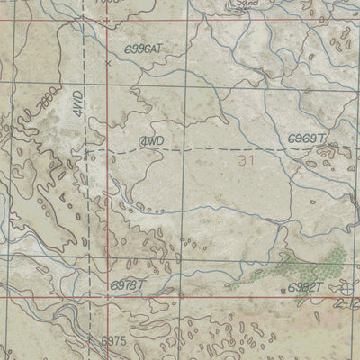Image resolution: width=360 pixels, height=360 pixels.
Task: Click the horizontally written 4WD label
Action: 153,142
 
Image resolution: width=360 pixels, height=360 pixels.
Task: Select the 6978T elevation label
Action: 127,284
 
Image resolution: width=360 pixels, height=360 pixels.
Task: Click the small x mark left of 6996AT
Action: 108,63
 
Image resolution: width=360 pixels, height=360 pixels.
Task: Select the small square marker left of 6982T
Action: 280,287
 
